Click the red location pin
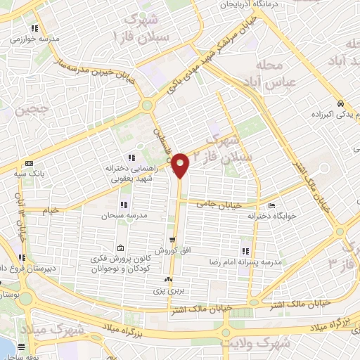click(x=181, y=165)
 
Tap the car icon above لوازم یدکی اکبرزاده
click(x=340, y=103)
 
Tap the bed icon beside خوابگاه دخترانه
click(x=272, y=206)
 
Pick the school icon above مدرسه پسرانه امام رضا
click(x=245, y=251)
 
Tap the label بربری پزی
click(x=169, y=290)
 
